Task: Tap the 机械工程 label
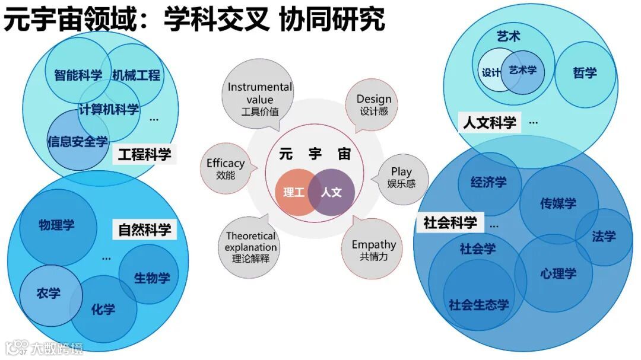click(136, 75)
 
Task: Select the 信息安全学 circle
click(77, 142)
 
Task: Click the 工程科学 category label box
click(144, 155)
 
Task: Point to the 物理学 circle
click(57, 225)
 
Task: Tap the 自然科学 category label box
click(144, 230)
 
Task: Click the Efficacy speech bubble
click(226, 168)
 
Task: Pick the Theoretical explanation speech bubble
click(251, 247)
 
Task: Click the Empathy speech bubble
click(373, 250)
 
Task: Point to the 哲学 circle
click(585, 73)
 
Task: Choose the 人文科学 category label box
click(490, 123)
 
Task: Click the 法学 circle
click(604, 237)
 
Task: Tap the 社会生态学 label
click(479, 305)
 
